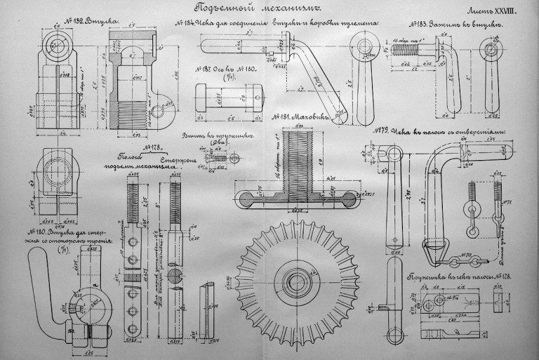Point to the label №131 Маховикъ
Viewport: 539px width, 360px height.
[x=292, y=116]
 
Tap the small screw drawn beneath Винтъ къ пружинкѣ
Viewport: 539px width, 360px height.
[x=216, y=158]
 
